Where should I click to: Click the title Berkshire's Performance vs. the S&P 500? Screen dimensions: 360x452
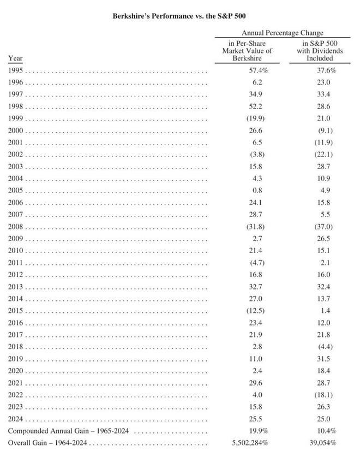pyautogui.click(x=179, y=16)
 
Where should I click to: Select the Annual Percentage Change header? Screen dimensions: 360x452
pyautogui.click(x=283, y=33)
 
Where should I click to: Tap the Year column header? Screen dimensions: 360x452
pyautogui.click(x=15, y=58)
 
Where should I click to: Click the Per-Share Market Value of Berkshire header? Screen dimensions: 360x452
pyautogui.click(x=247, y=51)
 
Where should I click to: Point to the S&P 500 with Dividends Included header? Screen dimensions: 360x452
pyautogui.click(x=320, y=51)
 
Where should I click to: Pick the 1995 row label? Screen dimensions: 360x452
pyautogui.click(x=15, y=70)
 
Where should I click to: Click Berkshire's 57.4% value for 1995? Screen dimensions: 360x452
pyautogui.click(x=259, y=70)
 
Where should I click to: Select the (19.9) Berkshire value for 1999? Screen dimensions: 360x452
pyautogui.click(x=256, y=118)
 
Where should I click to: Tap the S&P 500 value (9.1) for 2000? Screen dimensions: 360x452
pyautogui.click(x=326, y=131)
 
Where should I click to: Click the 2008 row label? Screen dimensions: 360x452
pyautogui.click(x=15, y=227)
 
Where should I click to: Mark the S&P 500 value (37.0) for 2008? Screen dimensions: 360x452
pyautogui.click(x=323, y=227)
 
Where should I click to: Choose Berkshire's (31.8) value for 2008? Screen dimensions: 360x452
pyautogui.click(x=256, y=227)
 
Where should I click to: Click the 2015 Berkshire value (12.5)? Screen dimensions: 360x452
pyautogui.click(x=256, y=311)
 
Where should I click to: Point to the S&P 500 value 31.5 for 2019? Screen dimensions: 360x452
pyautogui.click(x=323, y=359)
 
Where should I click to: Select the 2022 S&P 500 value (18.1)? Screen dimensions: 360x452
pyautogui.click(x=323, y=395)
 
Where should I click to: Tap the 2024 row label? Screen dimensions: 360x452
pyautogui.click(x=15, y=419)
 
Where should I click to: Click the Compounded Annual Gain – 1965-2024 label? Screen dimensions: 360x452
pyautogui.click(x=68, y=431)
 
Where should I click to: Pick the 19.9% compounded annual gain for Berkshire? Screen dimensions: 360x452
pyautogui.click(x=259, y=431)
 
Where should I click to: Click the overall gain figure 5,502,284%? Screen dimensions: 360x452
pyautogui.click(x=250, y=443)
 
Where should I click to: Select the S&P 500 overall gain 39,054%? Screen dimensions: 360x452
pyautogui.click(x=323, y=443)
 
